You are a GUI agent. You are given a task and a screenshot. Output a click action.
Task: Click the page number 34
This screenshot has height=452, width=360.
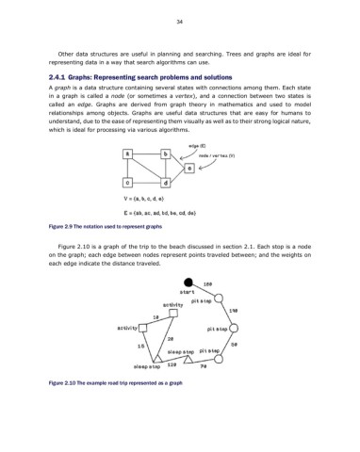point(179,21)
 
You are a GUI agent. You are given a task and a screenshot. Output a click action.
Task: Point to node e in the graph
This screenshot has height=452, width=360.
point(189,167)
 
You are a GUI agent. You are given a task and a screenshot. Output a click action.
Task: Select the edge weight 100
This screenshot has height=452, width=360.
point(207,282)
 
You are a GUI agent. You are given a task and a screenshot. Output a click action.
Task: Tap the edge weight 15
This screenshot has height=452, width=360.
point(139,346)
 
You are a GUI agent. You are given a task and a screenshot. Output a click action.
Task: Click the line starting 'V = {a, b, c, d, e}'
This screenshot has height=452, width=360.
point(144,201)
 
